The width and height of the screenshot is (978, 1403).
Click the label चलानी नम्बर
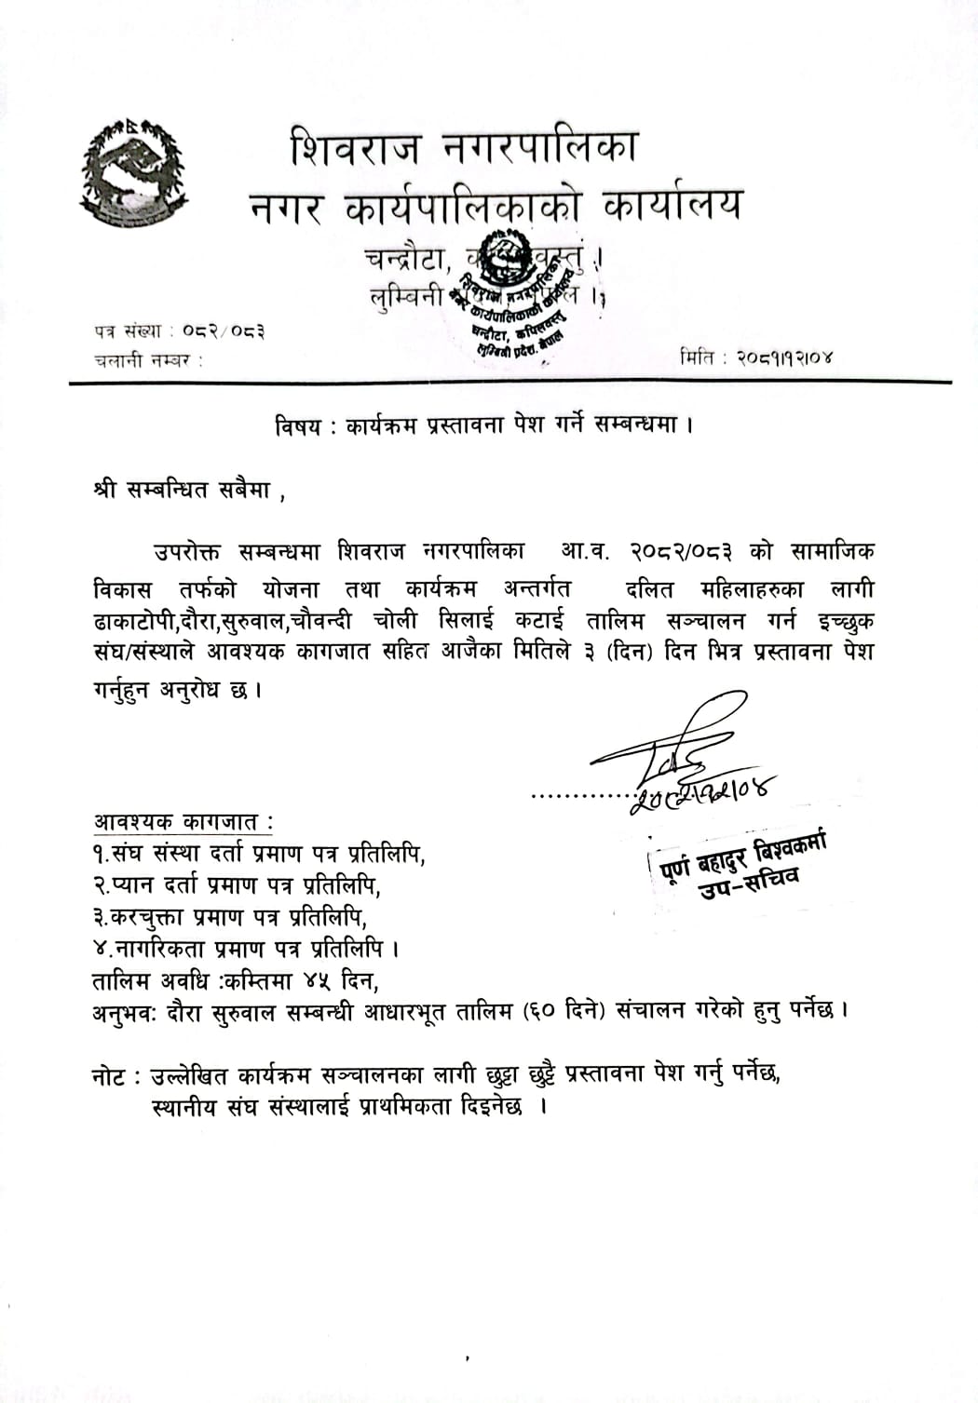(x=148, y=359)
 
